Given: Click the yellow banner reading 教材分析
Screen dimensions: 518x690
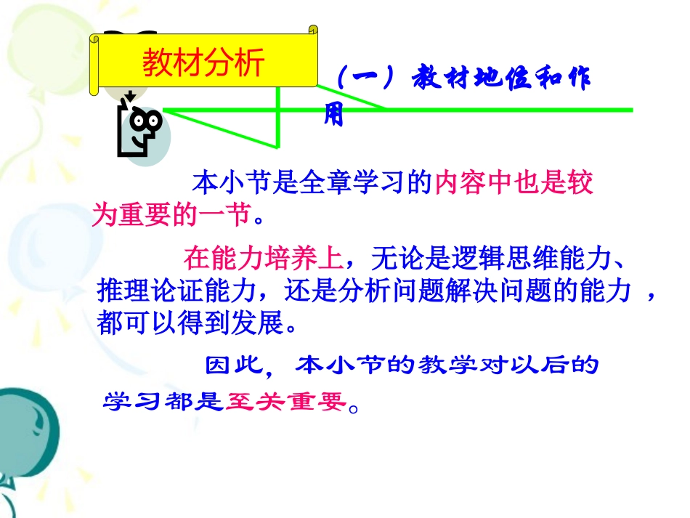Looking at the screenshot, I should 203,64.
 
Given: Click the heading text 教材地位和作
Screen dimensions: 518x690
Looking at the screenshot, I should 501,79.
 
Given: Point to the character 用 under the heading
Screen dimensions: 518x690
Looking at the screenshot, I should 333,116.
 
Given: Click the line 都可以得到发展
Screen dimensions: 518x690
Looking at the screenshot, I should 196,323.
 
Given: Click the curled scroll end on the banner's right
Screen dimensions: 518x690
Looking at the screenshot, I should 313,31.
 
